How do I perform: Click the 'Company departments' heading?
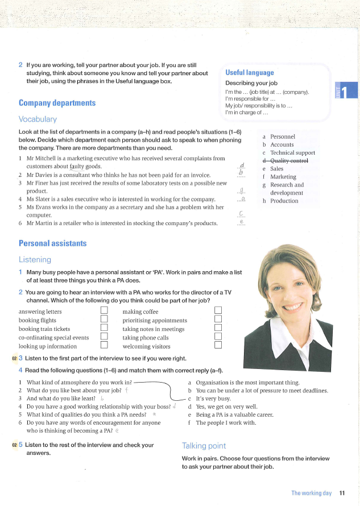57,103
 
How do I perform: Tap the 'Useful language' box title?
250,73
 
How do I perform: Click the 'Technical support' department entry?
292,153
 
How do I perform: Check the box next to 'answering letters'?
104,311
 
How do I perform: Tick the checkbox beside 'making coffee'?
218,311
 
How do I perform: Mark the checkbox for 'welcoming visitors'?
218,345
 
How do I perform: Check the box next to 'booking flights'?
104,320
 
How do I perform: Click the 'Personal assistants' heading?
52,243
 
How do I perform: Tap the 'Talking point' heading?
204,446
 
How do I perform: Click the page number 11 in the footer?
342,493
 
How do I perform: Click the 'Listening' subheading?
35,259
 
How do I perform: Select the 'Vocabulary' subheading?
38,119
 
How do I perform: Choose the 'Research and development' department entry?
287,189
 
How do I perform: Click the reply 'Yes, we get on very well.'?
226,407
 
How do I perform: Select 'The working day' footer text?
311,493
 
